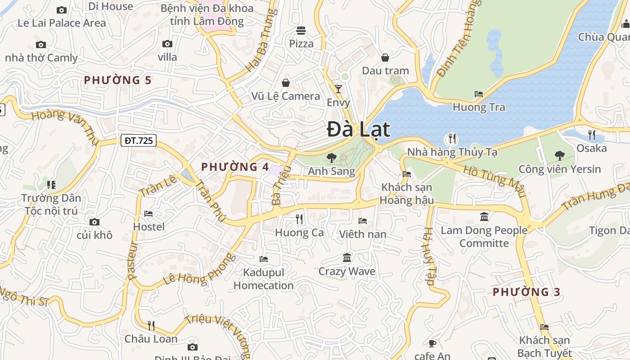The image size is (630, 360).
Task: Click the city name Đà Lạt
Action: pyautogui.click(x=358, y=130)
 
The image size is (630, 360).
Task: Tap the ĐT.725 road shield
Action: pyautogui.click(x=139, y=141)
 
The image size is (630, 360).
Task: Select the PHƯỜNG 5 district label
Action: pyautogui.click(x=117, y=80)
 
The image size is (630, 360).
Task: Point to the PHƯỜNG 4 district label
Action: pyautogui.click(x=235, y=167)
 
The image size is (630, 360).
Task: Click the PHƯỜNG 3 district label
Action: pyautogui.click(x=526, y=292)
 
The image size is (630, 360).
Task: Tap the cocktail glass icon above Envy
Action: pyautogui.click(x=338, y=89)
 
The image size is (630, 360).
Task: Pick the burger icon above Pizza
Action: pyautogui.click(x=301, y=31)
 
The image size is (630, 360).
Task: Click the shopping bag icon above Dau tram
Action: pyautogui.click(x=385, y=58)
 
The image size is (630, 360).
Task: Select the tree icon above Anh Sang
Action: pyautogui.click(x=332, y=157)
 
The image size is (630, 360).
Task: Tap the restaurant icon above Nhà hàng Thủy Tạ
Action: pyautogui.click(x=452, y=139)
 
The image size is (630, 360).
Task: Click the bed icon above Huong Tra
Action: pyautogui.click(x=479, y=94)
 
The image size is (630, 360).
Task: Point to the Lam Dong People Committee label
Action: pyautogui.click(x=484, y=237)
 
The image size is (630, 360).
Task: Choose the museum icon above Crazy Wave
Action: pyautogui.click(x=347, y=258)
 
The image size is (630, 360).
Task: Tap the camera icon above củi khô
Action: pyautogui.click(x=94, y=222)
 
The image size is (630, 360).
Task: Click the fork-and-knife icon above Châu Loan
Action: pyautogui.click(x=151, y=325)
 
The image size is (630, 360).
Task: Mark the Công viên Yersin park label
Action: pyautogui.click(x=559, y=169)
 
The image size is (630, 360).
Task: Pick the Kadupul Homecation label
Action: pyautogui.click(x=264, y=279)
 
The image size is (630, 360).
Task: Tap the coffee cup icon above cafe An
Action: pyautogui.click(x=432, y=344)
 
